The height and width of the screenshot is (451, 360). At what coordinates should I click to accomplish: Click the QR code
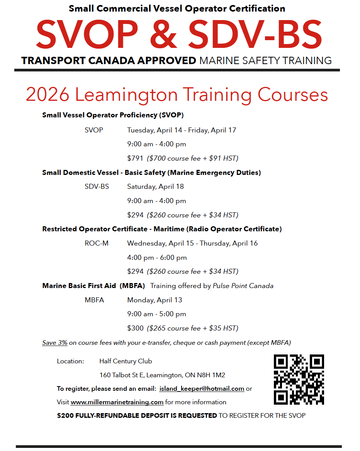[x=299, y=379]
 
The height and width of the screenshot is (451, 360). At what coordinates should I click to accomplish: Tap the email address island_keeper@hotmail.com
[x=201, y=388]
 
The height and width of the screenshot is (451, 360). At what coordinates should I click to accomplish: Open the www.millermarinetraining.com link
[x=117, y=402]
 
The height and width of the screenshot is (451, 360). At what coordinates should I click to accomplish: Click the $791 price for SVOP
[x=135, y=158]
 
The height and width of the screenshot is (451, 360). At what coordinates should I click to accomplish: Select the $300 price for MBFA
[x=135, y=328]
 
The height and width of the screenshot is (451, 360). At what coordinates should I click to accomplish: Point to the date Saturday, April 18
[x=155, y=187]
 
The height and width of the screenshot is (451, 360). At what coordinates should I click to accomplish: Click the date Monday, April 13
[x=155, y=300]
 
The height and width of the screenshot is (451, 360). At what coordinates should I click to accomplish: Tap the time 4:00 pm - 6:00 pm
[x=157, y=258]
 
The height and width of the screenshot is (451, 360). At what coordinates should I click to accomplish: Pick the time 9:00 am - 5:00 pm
[x=157, y=314]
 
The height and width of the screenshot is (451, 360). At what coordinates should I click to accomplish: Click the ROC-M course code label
[x=97, y=243]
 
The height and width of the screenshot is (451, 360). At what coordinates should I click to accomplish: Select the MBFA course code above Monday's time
[x=94, y=300]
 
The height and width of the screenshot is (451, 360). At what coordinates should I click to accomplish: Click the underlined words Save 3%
[x=55, y=342]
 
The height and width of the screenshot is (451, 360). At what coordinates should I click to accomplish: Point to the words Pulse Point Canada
[x=243, y=286]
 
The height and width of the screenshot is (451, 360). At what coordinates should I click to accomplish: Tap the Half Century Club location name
[x=126, y=361]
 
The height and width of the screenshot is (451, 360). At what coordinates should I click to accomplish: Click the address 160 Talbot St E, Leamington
[x=162, y=375]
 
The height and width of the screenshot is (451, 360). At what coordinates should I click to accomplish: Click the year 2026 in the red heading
[x=48, y=95]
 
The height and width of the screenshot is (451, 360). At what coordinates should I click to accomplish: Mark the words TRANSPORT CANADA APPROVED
[x=109, y=61]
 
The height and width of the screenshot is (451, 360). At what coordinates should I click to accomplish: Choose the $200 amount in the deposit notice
[x=65, y=415]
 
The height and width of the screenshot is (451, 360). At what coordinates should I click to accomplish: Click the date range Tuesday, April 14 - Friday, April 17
[x=182, y=130]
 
